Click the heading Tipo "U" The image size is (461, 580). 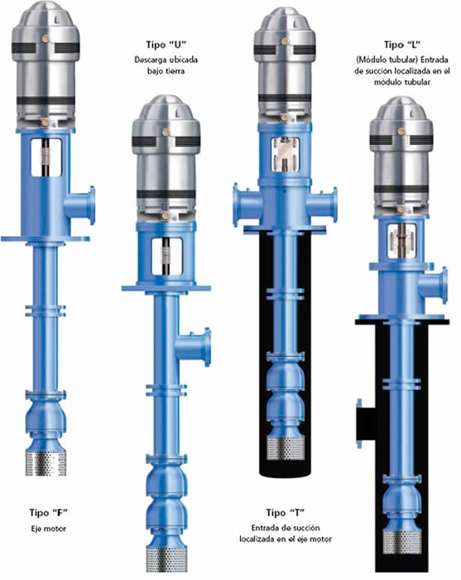[166, 45]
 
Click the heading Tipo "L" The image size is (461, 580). [402, 45]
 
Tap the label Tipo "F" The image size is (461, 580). [49, 513]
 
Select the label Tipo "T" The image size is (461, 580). [286, 513]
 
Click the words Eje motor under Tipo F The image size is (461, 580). [49, 529]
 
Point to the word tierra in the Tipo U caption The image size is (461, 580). [173, 70]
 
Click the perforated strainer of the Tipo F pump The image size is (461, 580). [46, 462]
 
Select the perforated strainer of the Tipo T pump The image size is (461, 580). [286, 448]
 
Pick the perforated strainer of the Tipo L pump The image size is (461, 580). [401, 543]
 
